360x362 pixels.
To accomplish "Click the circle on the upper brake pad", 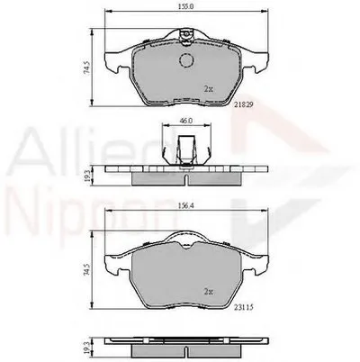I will (186, 60).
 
